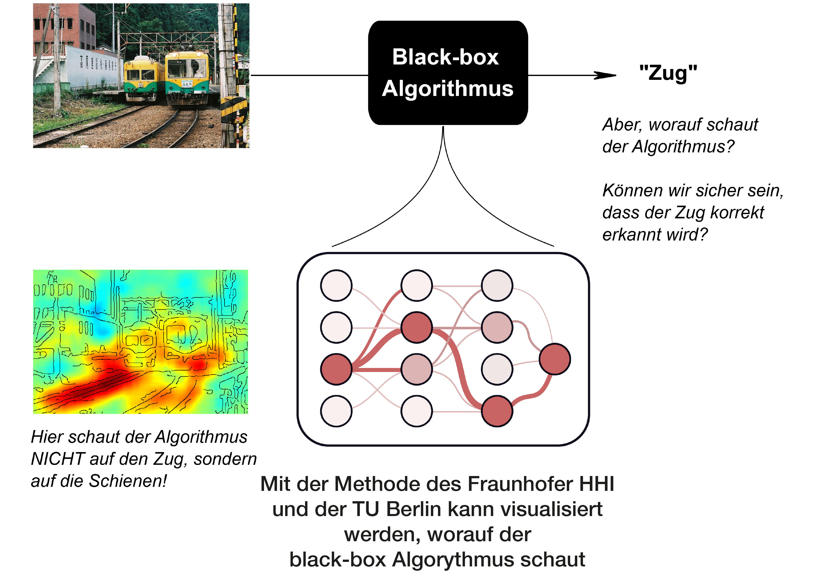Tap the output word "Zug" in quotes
tap(668, 73)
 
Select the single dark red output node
tap(555, 359)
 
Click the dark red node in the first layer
tap(336, 369)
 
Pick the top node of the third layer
tap(497, 285)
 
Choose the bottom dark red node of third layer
tap(497, 411)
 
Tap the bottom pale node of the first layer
tap(336, 411)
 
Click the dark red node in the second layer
tap(417, 327)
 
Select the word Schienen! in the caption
tap(128, 481)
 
